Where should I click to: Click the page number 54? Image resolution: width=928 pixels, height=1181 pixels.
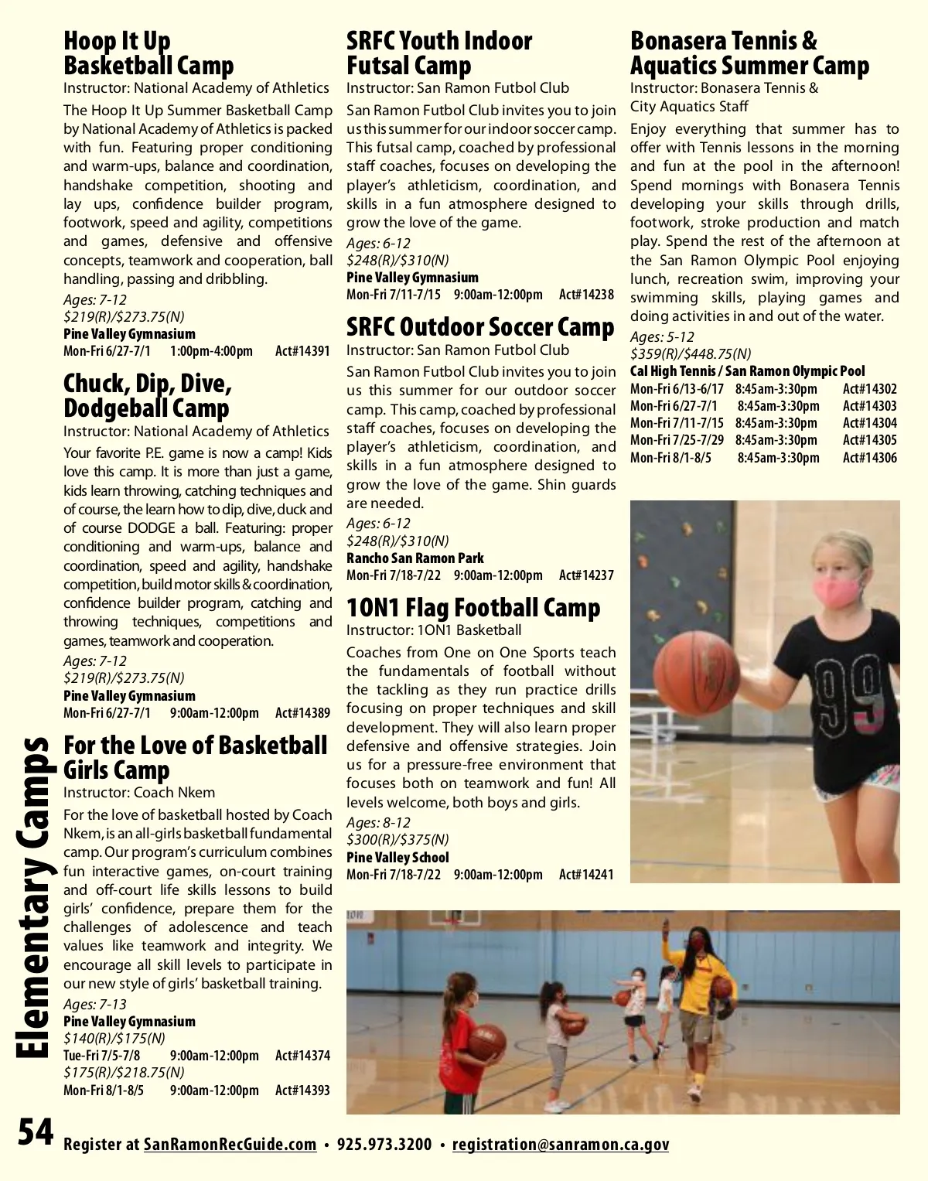click(36, 1133)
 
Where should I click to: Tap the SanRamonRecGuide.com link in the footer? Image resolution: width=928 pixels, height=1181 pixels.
click(230, 1145)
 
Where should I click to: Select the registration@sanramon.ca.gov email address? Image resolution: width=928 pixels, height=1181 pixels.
click(561, 1145)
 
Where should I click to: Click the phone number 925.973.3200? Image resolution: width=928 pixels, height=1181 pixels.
click(384, 1145)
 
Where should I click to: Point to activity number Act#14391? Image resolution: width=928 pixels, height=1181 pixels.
click(302, 351)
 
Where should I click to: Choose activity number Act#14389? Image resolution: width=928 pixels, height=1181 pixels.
click(302, 713)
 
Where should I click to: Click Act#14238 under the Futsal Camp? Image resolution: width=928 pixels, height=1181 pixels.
click(586, 295)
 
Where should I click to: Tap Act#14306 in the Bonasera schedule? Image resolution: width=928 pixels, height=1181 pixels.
click(869, 457)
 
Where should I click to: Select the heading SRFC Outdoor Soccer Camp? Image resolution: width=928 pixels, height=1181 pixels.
click(479, 327)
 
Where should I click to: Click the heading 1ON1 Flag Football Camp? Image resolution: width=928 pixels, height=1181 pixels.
click(473, 608)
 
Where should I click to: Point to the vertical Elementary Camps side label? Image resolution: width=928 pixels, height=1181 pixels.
click(32, 897)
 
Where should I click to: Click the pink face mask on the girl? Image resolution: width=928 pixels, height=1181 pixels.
click(838, 590)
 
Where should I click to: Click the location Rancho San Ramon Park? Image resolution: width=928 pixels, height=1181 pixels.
click(415, 558)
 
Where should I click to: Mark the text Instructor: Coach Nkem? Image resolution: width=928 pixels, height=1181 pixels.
click(139, 793)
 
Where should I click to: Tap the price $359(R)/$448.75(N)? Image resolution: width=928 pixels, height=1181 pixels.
click(690, 354)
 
